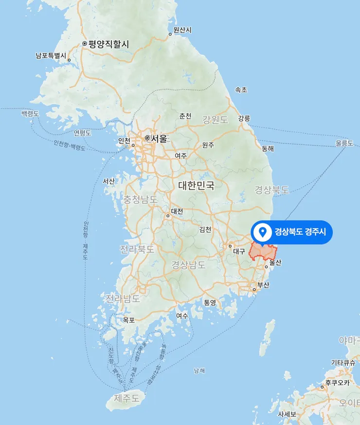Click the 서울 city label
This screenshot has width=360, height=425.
pyautogui.click(x=159, y=139)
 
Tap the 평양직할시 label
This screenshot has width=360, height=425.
pyautogui.click(x=108, y=44)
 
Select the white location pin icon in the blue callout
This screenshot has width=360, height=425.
pyautogui.click(x=263, y=231)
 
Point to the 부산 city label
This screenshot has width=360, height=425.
pyautogui.click(x=263, y=285)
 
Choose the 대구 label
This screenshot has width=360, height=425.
pyautogui.click(x=239, y=252)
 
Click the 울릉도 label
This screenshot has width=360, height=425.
pyautogui.click(x=344, y=143)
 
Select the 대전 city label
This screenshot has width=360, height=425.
pyautogui.click(x=177, y=212)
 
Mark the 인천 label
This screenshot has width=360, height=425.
pyautogui.click(x=124, y=141)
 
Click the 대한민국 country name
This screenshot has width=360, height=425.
pyautogui.click(x=196, y=185)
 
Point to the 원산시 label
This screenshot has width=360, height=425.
pyautogui.click(x=182, y=30)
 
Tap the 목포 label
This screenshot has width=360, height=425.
pyautogui.click(x=129, y=320)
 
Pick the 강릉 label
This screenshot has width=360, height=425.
pyautogui.click(x=244, y=118)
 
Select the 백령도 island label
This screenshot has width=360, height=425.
pyautogui.click(x=30, y=113)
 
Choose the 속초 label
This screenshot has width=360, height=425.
pyautogui.click(x=241, y=90)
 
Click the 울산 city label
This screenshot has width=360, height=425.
pyautogui.click(x=275, y=263)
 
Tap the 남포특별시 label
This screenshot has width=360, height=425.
pyautogui.click(x=51, y=55)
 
